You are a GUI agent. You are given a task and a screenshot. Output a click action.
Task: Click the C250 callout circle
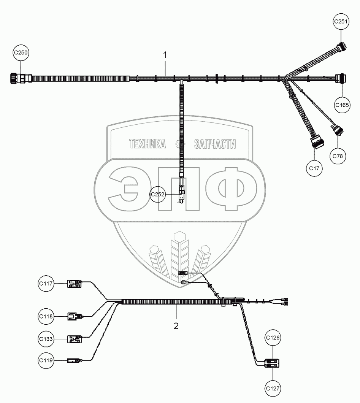click(x=21, y=53)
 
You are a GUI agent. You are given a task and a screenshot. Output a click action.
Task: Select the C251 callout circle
click(x=341, y=22)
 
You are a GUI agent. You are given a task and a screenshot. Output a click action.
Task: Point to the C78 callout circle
click(x=338, y=155)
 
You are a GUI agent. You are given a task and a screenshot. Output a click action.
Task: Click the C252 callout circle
click(x=157, y=195)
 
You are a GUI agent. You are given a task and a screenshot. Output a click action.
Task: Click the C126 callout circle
click(x=273, y=338)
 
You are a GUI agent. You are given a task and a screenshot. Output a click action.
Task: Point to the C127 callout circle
click(x=273, y=388)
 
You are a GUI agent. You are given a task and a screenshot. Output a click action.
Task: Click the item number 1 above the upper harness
click(x=165, y=55)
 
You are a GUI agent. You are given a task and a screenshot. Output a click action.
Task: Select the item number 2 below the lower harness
click(x=176, y=326)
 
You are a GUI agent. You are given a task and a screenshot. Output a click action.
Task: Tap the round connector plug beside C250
click(x=17, y=79)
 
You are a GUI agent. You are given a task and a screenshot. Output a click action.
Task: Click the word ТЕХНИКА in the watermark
click(x=147, y=144)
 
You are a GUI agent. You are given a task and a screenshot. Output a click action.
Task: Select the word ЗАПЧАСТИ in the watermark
click(x=215, y=144)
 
